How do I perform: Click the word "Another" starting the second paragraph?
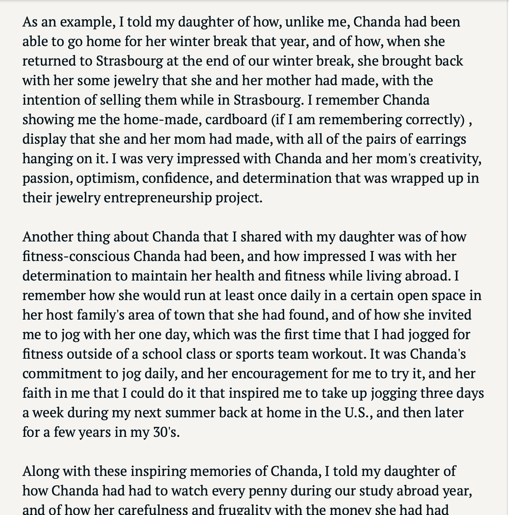[47, 237]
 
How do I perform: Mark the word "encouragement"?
[279, 374]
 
